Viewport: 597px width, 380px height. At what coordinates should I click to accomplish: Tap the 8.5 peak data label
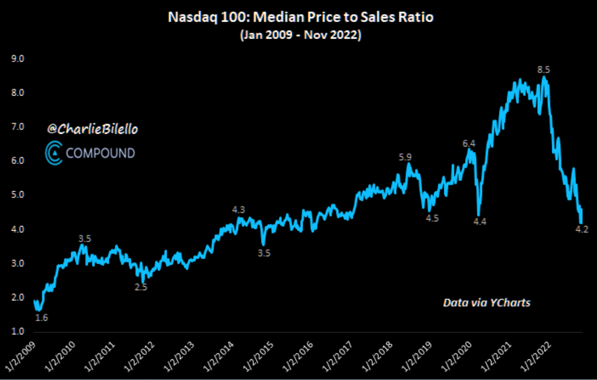[x=544, y=70]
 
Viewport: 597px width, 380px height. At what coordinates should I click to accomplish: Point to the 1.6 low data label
[x=42, y=318]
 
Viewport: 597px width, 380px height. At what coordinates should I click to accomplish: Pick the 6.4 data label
[x=469, y=144]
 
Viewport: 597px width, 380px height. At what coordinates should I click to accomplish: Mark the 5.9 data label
[x=405, y=157]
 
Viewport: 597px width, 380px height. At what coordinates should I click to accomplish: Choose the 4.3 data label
[x=239, y=210]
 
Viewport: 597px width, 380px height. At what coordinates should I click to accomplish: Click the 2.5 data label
[x=141, y=287]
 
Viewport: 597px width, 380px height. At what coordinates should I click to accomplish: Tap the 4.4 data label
[x=480, y=222]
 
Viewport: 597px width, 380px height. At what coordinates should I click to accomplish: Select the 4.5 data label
[x=432, y=218]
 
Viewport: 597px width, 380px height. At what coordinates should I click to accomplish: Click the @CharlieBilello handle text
[x=92, y=129]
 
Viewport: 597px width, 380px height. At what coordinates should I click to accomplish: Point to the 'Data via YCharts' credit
[x=487, y=303]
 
